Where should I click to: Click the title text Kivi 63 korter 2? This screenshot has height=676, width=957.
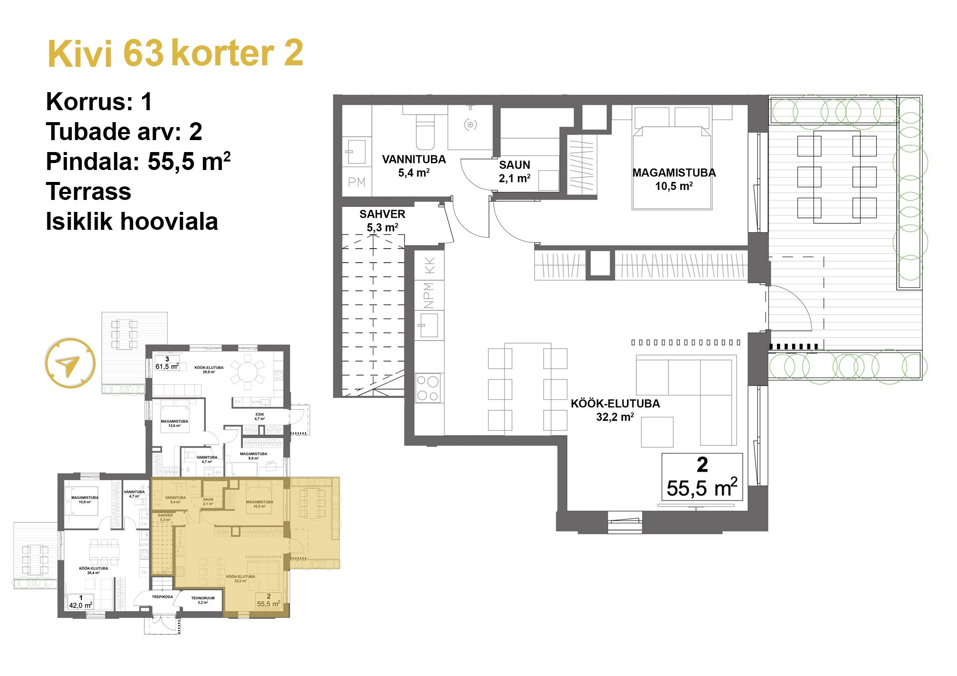pos(175,53)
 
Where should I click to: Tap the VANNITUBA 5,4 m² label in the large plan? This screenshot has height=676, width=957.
pos(414,166)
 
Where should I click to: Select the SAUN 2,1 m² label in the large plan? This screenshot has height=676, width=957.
pos(514,171)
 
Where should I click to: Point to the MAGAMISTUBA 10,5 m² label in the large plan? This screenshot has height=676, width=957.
pos(674,179)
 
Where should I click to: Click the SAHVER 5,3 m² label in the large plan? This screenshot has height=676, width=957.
pos(382,220)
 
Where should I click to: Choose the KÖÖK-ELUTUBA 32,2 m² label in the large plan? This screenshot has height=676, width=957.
pos(615,410)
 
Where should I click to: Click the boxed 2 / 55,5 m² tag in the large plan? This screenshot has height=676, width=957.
pos(702,477)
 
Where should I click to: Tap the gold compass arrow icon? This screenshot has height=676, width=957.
pos(69,363)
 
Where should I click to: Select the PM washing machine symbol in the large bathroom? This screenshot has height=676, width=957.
pos(357,182)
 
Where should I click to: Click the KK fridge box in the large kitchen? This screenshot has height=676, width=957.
pos(429,265)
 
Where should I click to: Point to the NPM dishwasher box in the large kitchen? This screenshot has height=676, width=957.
pos(429,295)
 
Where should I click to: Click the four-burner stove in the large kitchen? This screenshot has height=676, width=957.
pos(428,388)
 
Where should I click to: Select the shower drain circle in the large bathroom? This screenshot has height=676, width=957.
pos(470,125)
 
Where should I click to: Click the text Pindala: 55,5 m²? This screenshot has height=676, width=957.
pos(138,162)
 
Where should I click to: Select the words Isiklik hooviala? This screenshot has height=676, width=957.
pos(132,222)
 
